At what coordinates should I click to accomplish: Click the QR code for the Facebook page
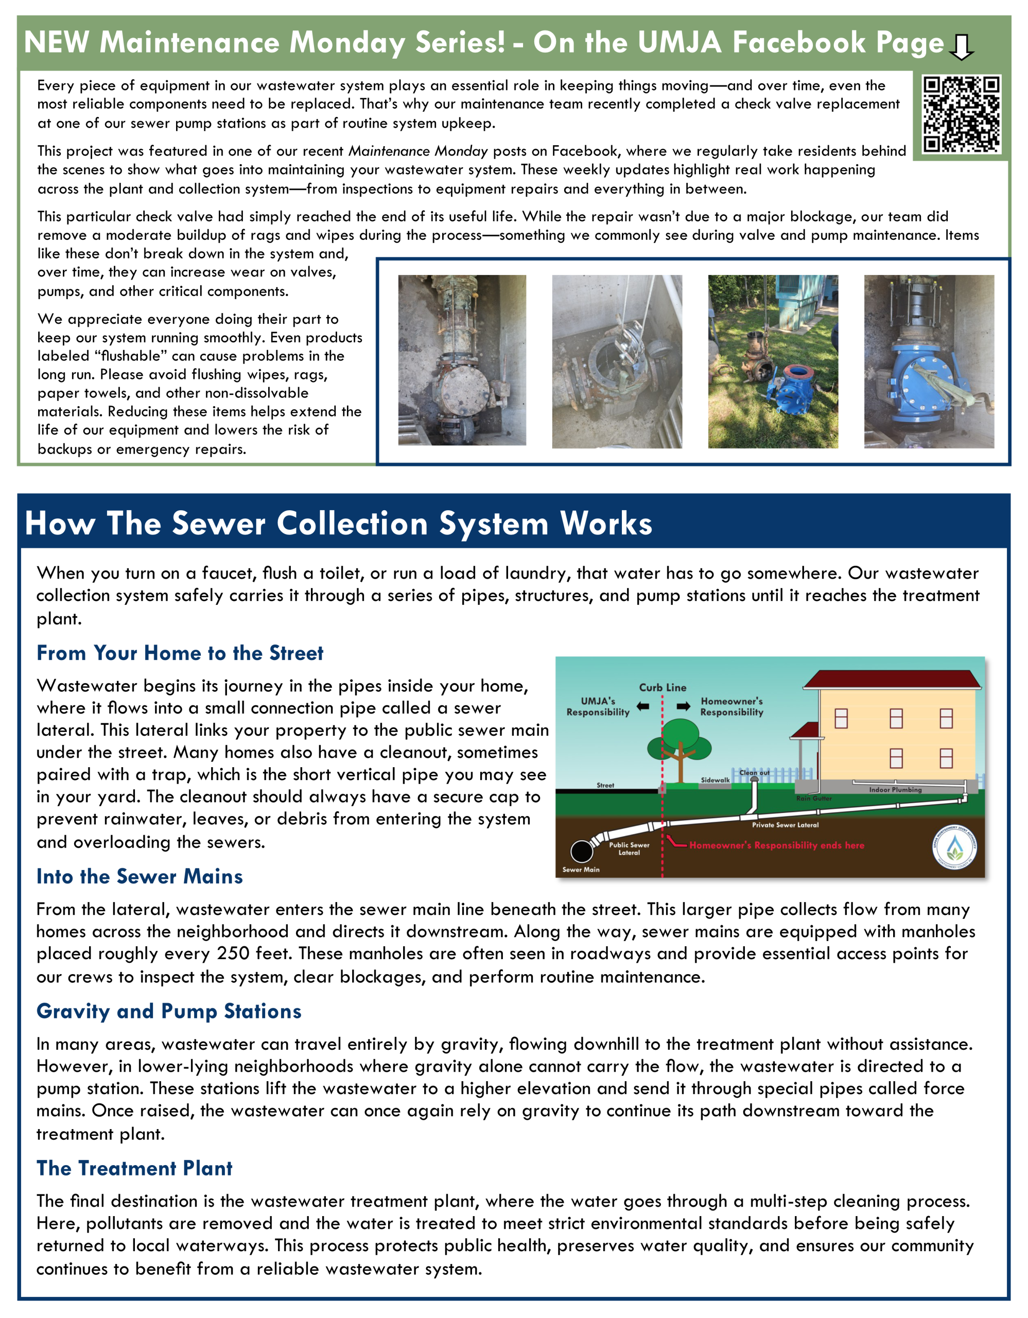pyautogui.click(x=961, y=114)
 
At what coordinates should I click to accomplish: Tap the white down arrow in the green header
pyautogui.click(x=961, y=46)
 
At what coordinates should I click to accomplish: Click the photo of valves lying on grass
pyautogui.click(x=773, y=361)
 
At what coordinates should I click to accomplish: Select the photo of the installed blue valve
pyautogui.click(x=929, y=361)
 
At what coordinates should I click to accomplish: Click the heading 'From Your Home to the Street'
pyautogui.click(x=180, y=653)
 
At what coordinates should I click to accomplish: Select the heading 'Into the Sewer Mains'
pyautogui.click(x=140, y=876)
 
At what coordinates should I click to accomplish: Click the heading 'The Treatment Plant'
pyautogui.click(x=134, y=1168)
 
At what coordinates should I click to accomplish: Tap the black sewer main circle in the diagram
pyautogui.click(x=582, y=851)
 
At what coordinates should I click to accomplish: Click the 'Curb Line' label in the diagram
pyautogui.click(x=663, y=687)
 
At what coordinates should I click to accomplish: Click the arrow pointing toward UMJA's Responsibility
pyautogui.click(x=643, y=706)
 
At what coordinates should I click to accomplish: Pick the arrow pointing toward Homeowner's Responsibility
pyautogui.click(x=684, y=706)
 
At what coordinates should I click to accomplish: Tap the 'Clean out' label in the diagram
pyautogui.click(x=754, y=772)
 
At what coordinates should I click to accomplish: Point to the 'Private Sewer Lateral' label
pyautogui.click(x=785, y=824)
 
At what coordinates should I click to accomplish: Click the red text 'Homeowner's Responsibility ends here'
pyautogui.click(x=776, y=845)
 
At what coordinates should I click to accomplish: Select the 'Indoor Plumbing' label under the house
pyautogui.click(x=895, y=789)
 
